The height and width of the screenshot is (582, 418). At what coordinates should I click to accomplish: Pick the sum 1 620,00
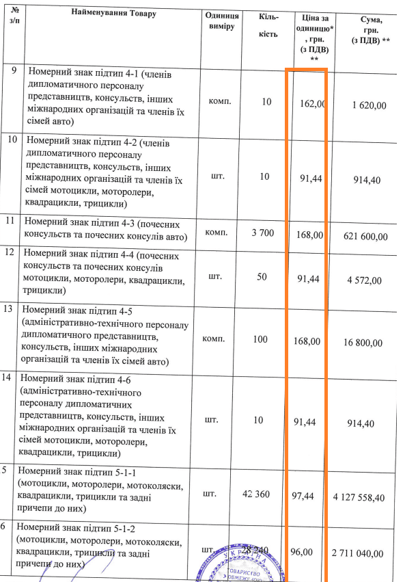pyautogui.click(x=370, y=105)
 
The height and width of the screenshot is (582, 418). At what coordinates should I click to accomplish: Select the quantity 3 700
pyautogui.click(x=262, y=233)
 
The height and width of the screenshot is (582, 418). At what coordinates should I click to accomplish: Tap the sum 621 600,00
pyautogui.click(x=367, y=236)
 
